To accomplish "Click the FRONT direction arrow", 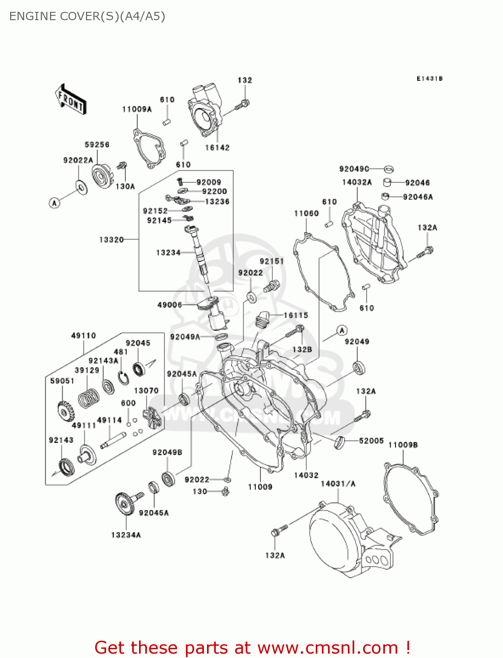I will (71, 100).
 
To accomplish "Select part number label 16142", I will (217, 148).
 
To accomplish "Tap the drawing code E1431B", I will (429, 79).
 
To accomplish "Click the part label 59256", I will (97, 145).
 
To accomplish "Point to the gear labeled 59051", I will (65, 411).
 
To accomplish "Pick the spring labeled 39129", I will (89, 398).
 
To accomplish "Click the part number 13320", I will (111, 240).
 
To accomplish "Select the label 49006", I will (169, 305).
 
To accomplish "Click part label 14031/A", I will (338, 484).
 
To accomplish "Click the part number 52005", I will (371, 441).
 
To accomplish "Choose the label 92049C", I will (354, 169).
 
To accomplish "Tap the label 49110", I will (83, 336).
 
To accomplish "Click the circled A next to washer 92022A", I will (54, 203).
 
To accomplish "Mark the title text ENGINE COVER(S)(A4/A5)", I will (87, 16).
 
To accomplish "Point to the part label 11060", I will (306, 214).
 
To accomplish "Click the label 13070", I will (146, 391).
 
